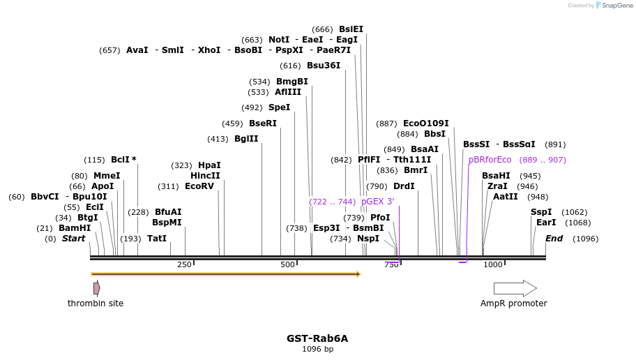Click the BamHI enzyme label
(75, 228)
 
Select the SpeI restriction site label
(279, 107)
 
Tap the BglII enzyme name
(246, 139)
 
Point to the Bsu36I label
(324, 66)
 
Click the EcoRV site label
(199, 186)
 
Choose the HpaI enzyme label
(209, 165)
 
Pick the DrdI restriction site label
(404, 186)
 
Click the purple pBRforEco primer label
(490, 160)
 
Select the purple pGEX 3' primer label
(377, 202)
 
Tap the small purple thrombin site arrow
(97, 288)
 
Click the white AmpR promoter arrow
(515, 288)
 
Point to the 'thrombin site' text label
(96, 303)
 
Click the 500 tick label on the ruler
(287, 265)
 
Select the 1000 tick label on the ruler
(492, 265)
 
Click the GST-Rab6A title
(317, 338)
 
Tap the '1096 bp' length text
(317, 349)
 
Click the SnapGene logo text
(617, 6)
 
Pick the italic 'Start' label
(73, 239)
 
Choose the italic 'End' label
(554, 239)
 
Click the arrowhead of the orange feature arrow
(358, 274)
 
